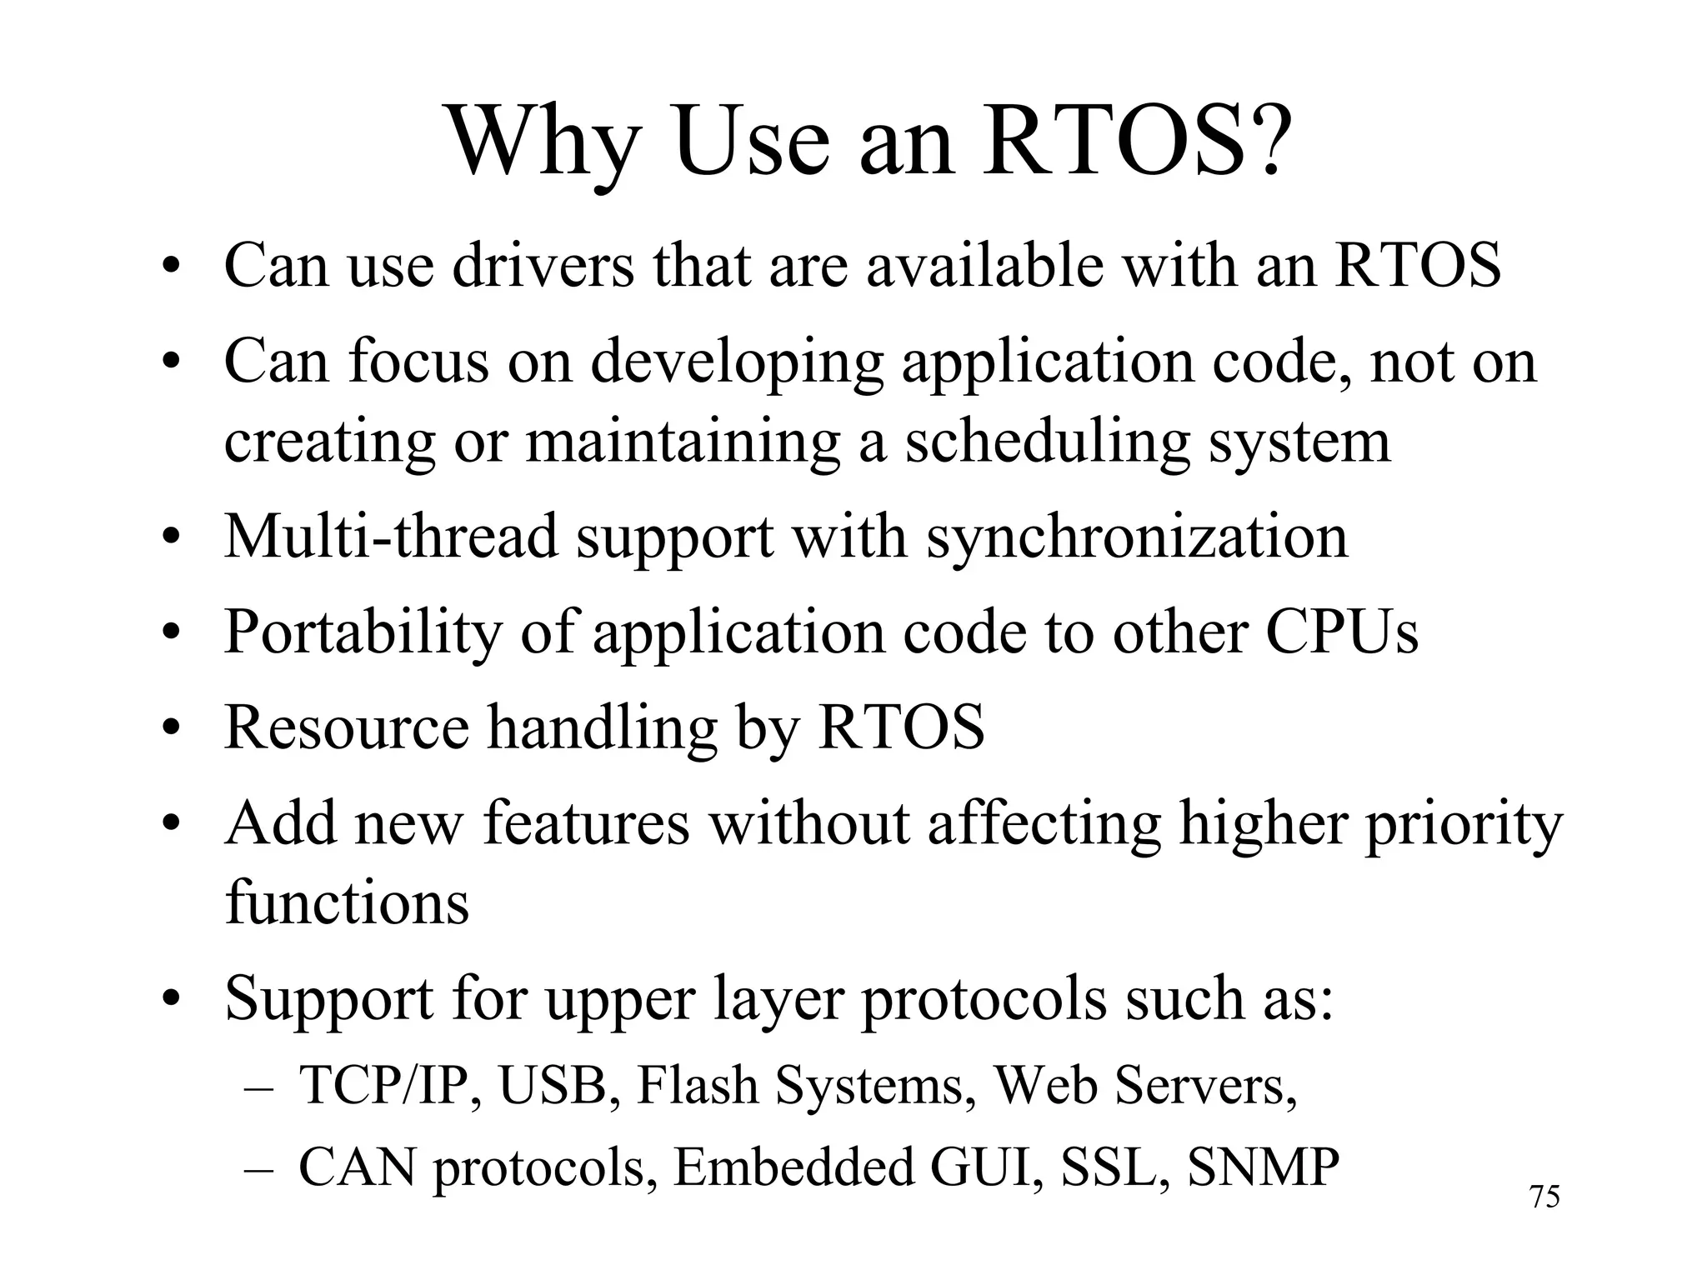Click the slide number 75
coord(1544,1197)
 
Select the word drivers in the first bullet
coord(543,265)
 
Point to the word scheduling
coord(1046,442)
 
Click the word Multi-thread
coord(390,536)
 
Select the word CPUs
coord(1341,632)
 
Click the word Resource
coord(347,727)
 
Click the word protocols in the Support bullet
coord(984,999)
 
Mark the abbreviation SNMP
coord(1263,1167)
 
